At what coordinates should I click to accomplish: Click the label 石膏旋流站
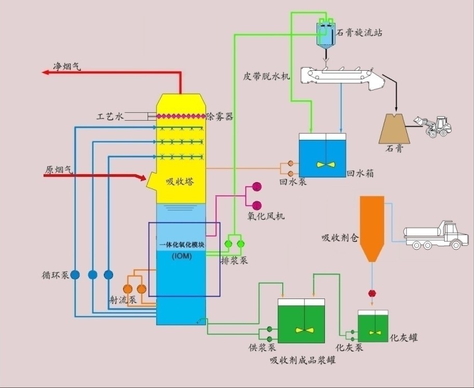click(x=360, y=32)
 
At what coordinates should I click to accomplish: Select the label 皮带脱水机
click(x=267, y=76)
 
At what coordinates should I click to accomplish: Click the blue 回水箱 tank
click(x=322, y=156)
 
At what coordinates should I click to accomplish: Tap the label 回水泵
click(x=293, y=183)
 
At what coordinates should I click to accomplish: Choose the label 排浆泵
click(x=234, y=260)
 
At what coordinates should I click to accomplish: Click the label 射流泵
click(x=123, y=300)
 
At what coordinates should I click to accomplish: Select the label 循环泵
click(x=56, y=275)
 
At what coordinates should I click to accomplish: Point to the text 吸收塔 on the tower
click(x=180, y=182)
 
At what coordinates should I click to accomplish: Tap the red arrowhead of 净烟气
click(x=46, y=73)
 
